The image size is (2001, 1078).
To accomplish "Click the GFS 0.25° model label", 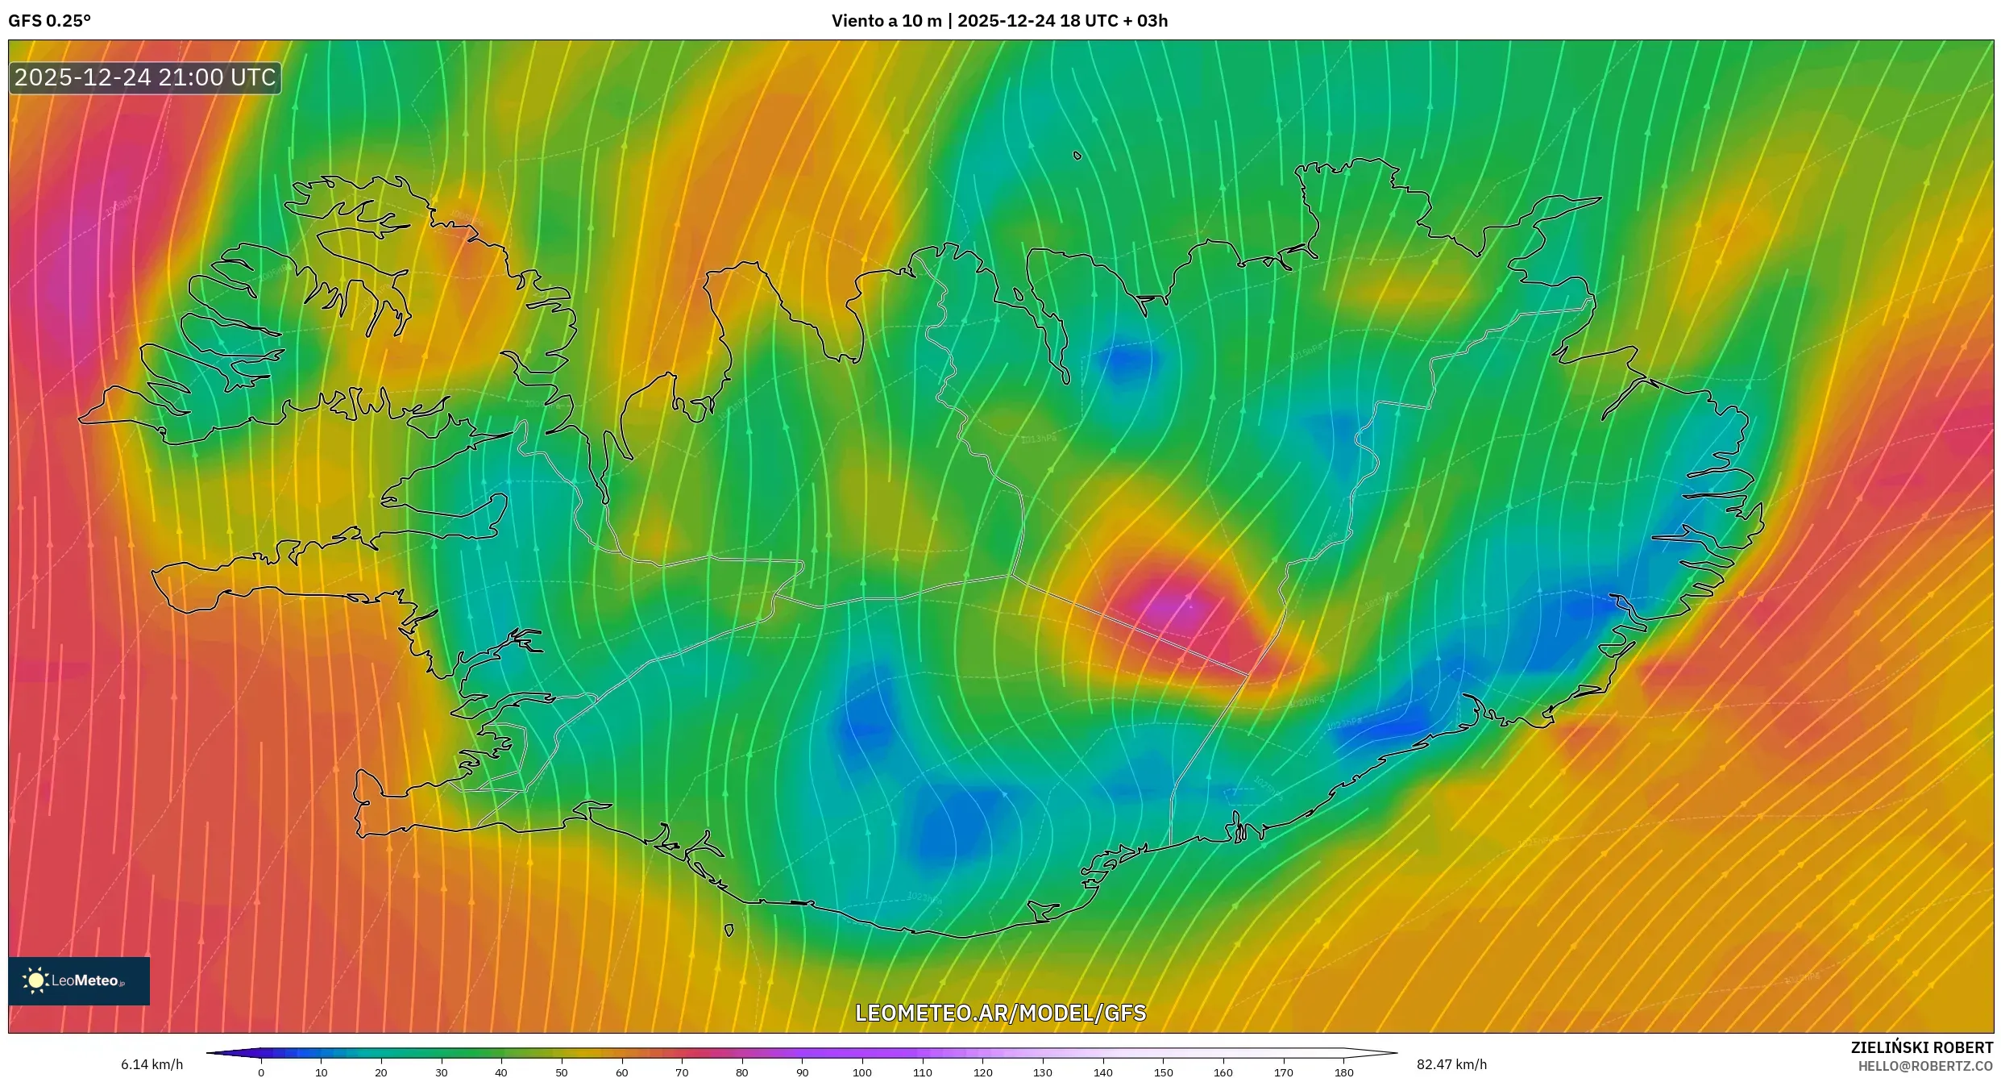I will [x=49, y=21].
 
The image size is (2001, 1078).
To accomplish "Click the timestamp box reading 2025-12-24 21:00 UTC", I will [x=145, y=77].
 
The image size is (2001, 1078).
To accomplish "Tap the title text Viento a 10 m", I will [x=886, y=21].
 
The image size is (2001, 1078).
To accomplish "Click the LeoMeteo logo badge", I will [x=79, y=980].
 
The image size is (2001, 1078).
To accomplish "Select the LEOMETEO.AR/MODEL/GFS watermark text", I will [x=1000, y=1013].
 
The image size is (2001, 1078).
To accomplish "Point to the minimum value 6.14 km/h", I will [x=152, y=1064].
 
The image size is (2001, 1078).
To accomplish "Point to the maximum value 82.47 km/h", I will [x=1451, y=1064].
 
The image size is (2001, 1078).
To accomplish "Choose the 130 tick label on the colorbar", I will [x=1043, y=1072].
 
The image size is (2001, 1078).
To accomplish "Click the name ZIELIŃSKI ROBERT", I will [x=1921, y=1047].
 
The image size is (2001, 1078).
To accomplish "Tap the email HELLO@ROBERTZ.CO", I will [x=1925, y=1066].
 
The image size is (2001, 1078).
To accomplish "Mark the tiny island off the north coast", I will [x=1077, y=156].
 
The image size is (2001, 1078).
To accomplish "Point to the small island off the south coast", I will [x=729, y=930].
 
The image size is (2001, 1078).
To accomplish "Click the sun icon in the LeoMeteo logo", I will [x=35, y=980].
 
